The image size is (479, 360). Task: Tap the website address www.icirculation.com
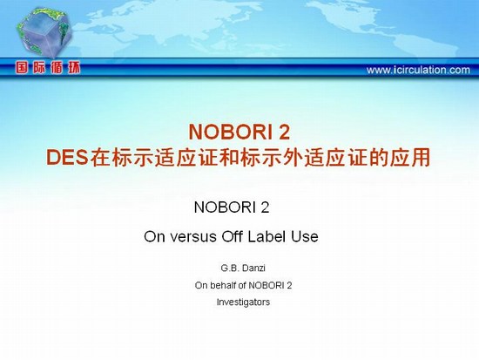418,70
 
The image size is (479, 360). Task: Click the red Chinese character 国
22,67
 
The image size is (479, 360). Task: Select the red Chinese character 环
74,67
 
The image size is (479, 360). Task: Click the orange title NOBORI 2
239,132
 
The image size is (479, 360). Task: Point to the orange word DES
67,158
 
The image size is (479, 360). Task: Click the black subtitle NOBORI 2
232,207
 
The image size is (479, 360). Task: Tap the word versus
193,237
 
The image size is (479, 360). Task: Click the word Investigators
243,302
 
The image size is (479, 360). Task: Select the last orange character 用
421,158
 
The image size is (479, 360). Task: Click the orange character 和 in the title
229,158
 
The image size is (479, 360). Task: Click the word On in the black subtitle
155,237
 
